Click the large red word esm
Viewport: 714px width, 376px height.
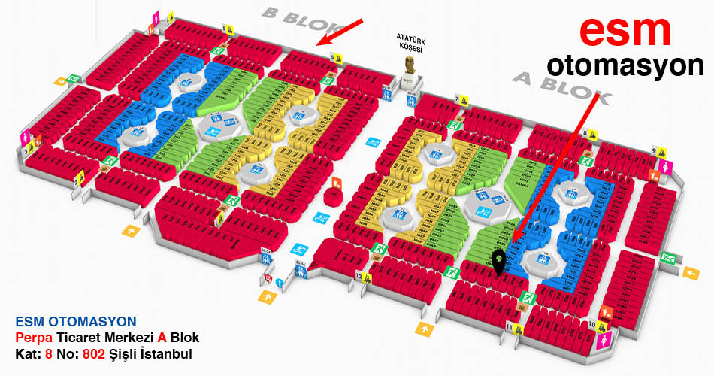click(x=625, y=31)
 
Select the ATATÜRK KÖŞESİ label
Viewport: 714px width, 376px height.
click(x=410, y=42)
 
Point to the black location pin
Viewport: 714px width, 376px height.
click(x=498, y=260)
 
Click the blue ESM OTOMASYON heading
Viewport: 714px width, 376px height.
click(x=75, y=322)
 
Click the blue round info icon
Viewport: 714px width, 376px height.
click(x=279, y=283)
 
